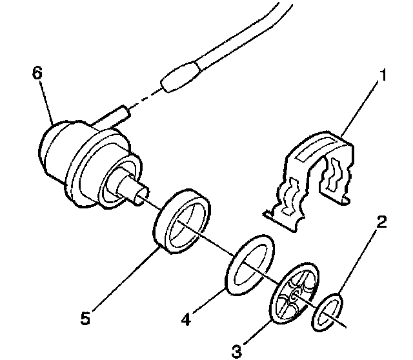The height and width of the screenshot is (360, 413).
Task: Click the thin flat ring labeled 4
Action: [250, 264]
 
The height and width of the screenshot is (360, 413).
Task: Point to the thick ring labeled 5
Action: [183, 219]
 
